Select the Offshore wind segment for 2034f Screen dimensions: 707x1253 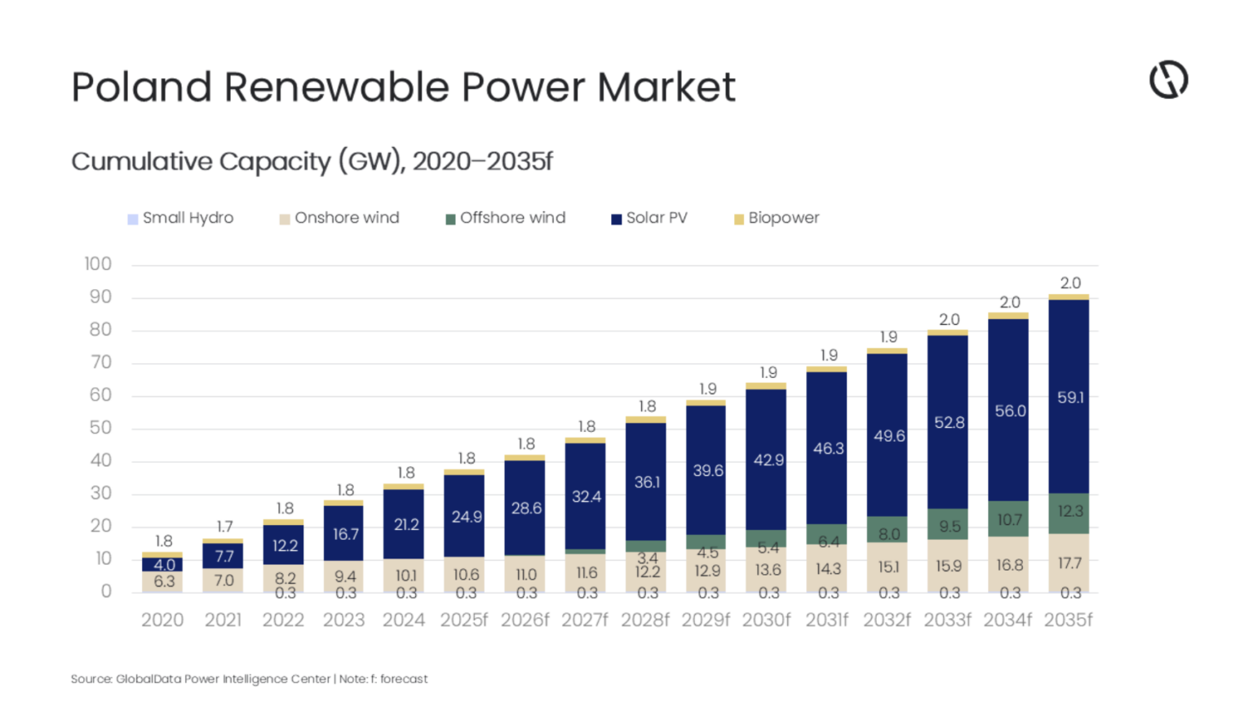click(x=1008, y=518)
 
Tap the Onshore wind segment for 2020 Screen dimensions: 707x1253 click(x=162, y=580)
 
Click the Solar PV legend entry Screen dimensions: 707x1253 click(x=649, y=218)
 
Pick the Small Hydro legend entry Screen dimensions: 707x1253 click(x=180, y=218)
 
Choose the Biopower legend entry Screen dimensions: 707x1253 click(x=776, y=218)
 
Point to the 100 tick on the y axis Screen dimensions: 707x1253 click(x=98, y=264)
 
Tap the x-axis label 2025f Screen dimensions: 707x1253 click(x=463, y=620)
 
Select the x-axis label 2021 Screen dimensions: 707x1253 click(x=223, y=620)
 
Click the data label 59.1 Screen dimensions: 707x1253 click(x=1070, y=398)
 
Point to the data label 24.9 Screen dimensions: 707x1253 click(x=467, y=517)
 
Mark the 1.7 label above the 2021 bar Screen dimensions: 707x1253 click(x=224, y=527)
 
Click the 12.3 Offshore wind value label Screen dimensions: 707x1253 click(x=1070, y=511)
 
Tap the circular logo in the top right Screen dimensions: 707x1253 click(x=1168, y=80)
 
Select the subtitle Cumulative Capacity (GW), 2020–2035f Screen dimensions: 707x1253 click(x=312, y=161)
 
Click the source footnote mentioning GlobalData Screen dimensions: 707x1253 click(x=249, y=678)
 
